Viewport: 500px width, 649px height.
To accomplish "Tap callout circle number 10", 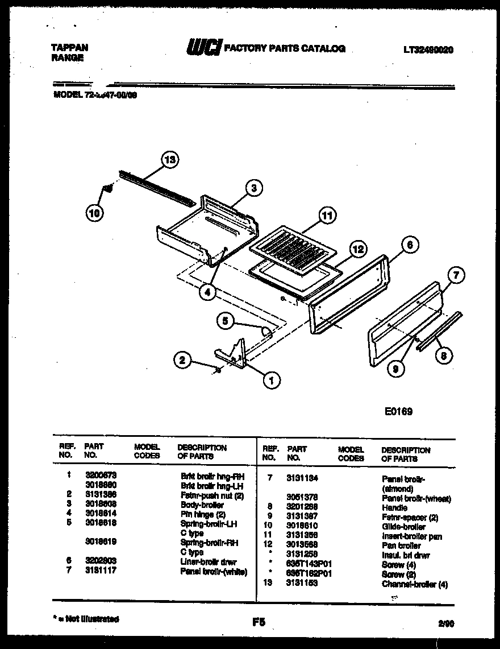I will click(95, 213).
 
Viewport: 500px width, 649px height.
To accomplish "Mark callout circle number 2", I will click(182, 359).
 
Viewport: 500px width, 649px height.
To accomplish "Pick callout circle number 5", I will click(227, 321).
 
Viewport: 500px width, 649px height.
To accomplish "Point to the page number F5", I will click(259, 622).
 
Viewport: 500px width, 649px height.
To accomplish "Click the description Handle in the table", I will click(394, 507).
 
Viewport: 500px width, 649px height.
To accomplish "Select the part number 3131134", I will click(301, 479).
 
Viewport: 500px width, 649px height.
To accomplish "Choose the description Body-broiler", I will click(202, 505).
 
